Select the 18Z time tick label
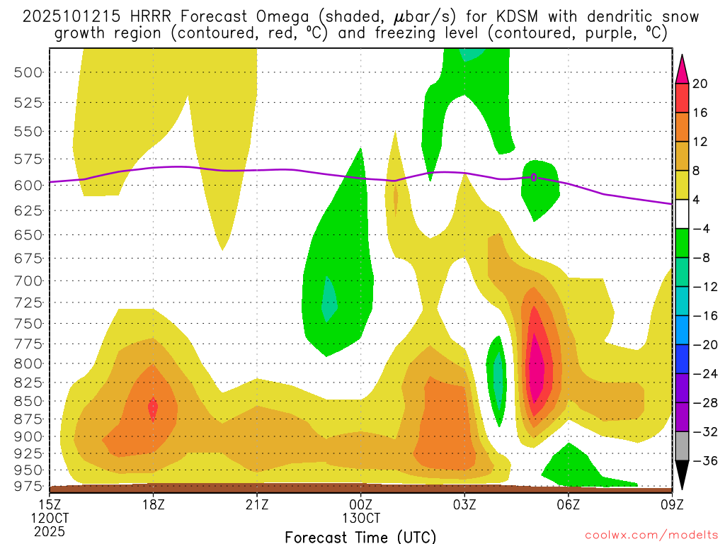(x=154, y=504)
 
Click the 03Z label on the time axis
(x=464, y=504)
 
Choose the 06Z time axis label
(x=568, y=504)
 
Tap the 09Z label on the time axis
(x=671, y=504)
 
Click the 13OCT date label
(x=361, y=518)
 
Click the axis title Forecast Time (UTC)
(x=360, y=536)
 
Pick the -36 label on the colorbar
(x=703, y=460)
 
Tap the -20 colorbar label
(x=703, y=345)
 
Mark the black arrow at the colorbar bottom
(x=682, y=475)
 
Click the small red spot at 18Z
(x=153, y=407)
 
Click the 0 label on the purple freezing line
(x=534, y=177)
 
